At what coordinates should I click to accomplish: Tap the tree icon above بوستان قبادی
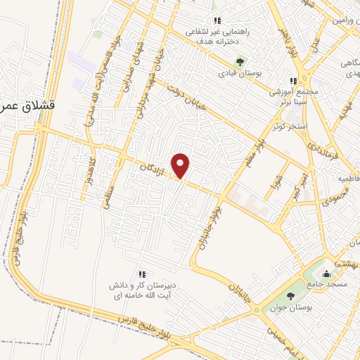(x=239, y=61)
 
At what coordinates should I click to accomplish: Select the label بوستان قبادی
(x=239, y=73)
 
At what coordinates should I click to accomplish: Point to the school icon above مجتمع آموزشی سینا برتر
(x=294, y=80)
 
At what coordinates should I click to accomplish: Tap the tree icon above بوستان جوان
(x=290, y=296)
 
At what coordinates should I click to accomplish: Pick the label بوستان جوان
(x=290, y=308)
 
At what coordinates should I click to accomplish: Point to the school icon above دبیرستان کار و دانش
(x=142, y=274)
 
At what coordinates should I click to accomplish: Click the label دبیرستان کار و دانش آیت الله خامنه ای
(x=141, y=290)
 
